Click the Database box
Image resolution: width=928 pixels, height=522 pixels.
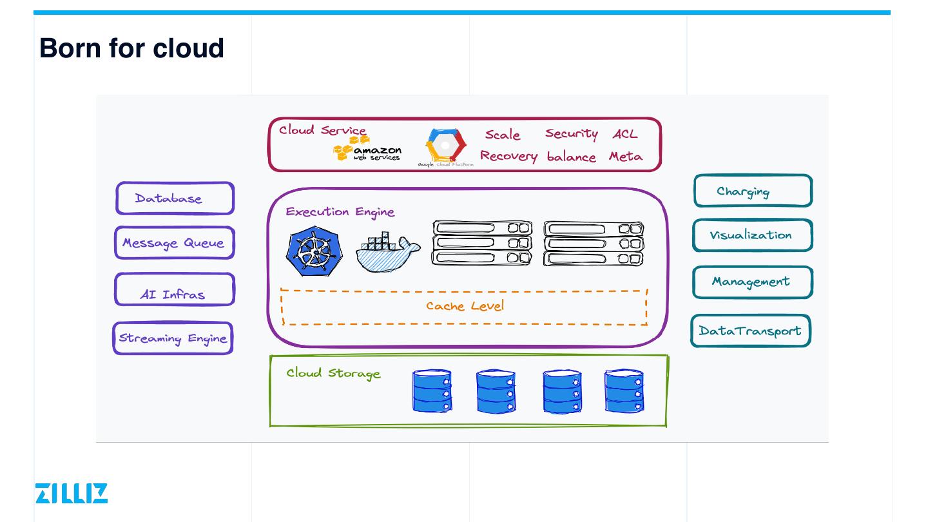175,198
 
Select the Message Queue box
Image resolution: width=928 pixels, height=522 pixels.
175,243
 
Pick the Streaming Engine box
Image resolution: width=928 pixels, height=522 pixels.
173,338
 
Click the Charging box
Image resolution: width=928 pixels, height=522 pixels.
753,191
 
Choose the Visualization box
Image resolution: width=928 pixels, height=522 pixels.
752,235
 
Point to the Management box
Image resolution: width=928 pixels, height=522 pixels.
752,282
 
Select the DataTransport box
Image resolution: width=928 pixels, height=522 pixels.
750,331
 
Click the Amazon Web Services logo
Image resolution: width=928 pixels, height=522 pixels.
367,150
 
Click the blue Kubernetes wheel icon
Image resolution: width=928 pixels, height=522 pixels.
314,251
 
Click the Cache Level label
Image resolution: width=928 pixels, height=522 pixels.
465,306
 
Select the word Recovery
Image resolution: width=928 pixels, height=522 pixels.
508,157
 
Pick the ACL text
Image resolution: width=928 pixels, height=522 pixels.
624,134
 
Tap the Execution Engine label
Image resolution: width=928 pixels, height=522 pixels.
340,212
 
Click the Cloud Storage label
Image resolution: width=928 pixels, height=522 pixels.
333,373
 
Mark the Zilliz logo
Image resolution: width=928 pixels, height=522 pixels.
72,493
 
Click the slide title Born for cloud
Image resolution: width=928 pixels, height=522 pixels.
131,48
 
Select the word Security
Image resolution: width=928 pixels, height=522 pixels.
571,133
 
